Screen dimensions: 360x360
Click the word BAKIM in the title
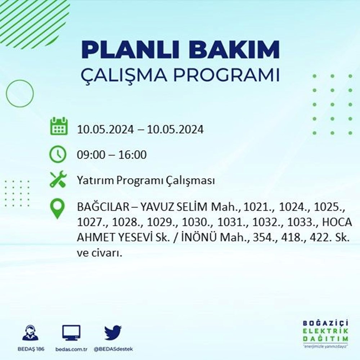pos(234,49)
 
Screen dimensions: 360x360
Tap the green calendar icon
pos(59,126)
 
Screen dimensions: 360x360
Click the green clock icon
pos(58,154)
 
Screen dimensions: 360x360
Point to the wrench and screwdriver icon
pos(58,179)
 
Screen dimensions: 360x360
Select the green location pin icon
pos(57,208)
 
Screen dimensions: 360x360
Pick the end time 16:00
pos(132,155)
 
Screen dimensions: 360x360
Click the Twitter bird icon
pos(113,333)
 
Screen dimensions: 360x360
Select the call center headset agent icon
pos(31,332)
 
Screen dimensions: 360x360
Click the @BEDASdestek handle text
pos(113,349)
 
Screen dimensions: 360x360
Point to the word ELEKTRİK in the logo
pos(325,331)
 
